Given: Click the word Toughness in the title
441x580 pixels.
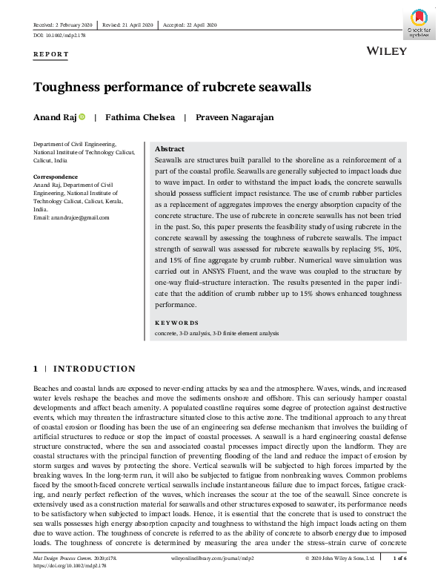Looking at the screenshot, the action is click(x=70, y=87).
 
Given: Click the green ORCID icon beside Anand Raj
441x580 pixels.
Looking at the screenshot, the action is click(x=82, y=117).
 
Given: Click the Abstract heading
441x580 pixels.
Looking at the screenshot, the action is click(x=170, y=149).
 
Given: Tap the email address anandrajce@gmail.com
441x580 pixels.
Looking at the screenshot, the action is click(x=71, y=217).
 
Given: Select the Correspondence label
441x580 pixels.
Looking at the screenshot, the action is click(x=56, y=177).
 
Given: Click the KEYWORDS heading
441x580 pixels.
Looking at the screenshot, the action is click(x=176, y=323).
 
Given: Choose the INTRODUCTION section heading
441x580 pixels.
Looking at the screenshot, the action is click(x=94, y=369).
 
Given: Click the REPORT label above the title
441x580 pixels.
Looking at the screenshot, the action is click(x=51, y=54).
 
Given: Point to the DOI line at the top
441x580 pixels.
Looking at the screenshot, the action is click(x=59, y=35).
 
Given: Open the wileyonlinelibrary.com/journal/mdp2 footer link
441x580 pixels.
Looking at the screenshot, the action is click(x=208, y=557).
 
